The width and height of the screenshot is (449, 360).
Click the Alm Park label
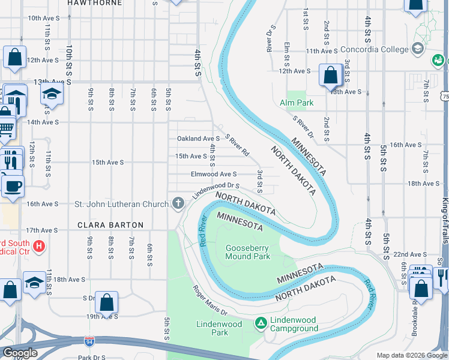pos(297,103)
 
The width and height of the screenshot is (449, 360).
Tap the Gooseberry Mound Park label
pos(247,252)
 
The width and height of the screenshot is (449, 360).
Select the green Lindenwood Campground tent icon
pos(261,323)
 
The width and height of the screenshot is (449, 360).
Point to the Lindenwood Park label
pos(219,328)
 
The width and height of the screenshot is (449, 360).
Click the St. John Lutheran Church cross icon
pos(178,204)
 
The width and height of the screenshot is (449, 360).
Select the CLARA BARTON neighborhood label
pos(110,225)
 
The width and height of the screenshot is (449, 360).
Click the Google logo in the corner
pos(20,353)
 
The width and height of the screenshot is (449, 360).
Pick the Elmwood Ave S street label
pos(213,174)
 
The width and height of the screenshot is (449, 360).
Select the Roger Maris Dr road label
pos(209,300)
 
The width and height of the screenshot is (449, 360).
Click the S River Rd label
pos(237,144)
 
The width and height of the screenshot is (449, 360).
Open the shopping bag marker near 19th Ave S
pos(106,302)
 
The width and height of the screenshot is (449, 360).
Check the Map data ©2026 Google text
pos(411,355)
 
